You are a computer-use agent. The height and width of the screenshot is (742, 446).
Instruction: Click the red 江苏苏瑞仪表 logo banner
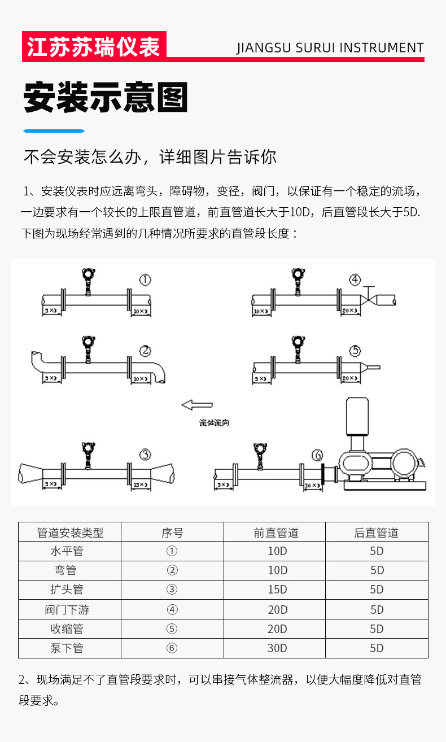tap(94, 46)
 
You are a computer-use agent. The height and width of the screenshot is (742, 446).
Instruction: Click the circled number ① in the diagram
tap(146, 280)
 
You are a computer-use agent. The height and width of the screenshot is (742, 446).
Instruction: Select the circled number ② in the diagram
tap(145, 351)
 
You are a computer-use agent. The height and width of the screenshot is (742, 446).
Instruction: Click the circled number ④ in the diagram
tap(355, 280)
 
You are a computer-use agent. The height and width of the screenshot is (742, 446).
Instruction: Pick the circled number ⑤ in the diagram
tap(355, 351)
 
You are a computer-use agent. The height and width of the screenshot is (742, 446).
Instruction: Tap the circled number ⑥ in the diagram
tap(318, 455)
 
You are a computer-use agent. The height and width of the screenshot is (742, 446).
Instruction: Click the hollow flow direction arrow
tap(196, 404)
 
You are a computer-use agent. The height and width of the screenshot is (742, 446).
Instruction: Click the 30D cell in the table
tap(277, 648)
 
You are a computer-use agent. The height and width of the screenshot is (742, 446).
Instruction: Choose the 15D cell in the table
tap(277, 590)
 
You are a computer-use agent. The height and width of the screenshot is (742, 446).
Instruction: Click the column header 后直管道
tap(377, 533)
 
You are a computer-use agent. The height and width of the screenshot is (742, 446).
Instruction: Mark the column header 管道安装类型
tap(70, 533)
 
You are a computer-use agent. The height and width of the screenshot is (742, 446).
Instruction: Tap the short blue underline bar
tap(54, 131)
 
